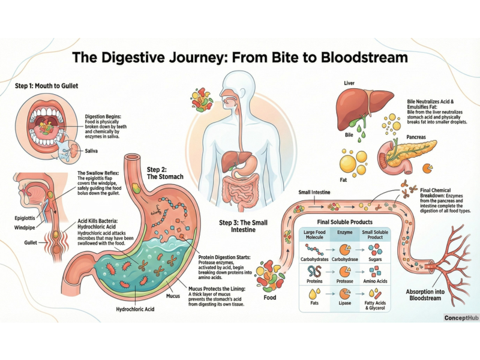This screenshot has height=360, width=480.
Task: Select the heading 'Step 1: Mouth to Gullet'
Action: tap(47, 86)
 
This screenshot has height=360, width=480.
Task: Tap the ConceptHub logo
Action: tap(460, 318)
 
